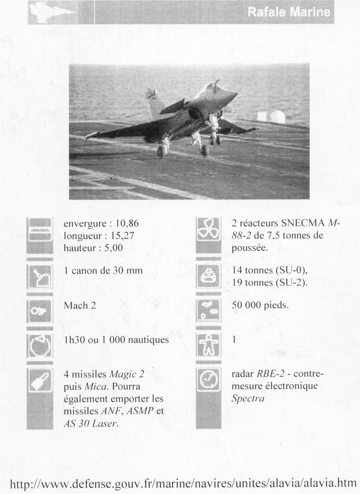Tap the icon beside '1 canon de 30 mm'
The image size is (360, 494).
tap(40, 278)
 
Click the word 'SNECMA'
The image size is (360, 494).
tap(299, 223)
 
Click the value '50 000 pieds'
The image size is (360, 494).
tap(260, 305)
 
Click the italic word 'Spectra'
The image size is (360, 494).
tap(249, 398)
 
